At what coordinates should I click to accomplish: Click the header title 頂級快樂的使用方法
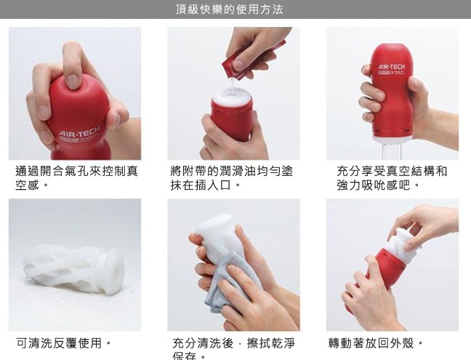[229, 9]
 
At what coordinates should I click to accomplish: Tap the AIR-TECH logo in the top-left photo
[79, 133]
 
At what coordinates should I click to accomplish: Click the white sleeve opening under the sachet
[232, 96]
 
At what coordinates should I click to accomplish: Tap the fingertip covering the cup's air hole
[73, 81]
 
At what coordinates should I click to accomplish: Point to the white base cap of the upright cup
[392, 137]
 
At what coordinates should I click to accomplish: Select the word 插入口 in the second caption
[213, 185]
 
